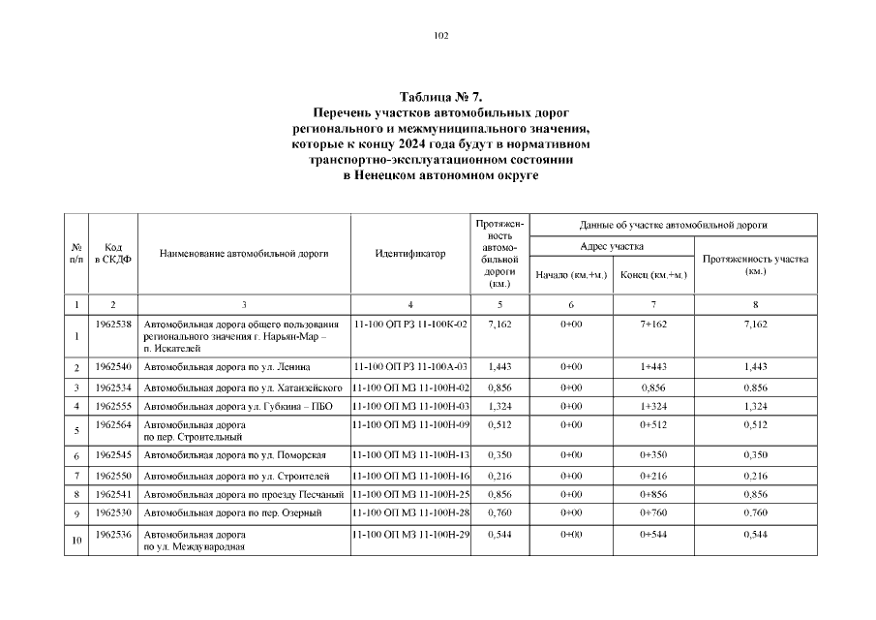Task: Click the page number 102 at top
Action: [440, 36]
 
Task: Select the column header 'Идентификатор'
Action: [409, 254]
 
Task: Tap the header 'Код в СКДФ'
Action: [112, 254]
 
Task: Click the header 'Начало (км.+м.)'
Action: [571, 275]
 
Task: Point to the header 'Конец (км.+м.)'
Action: [653, 275]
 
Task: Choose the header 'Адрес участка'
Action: [612, 247]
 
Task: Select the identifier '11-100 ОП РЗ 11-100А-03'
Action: [410, 366]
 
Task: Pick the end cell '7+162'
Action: [653, 324]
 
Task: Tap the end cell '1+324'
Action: [653, 405]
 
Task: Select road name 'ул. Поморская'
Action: [235, 454]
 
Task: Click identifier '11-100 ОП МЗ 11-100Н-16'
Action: [410, 476]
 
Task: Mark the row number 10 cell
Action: [76, 541]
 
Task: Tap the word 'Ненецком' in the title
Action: [400, 175]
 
